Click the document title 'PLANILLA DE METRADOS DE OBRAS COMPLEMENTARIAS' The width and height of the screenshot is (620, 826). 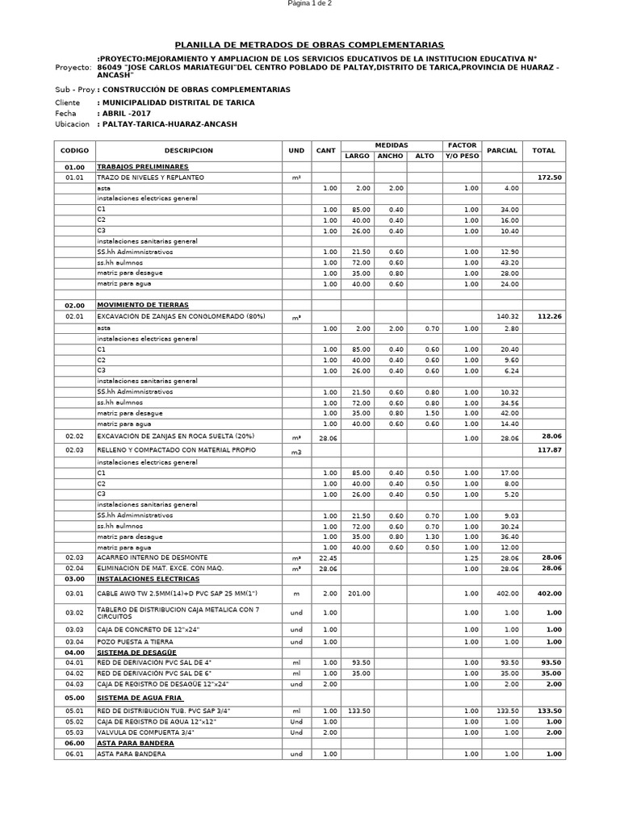[x=310, y=45]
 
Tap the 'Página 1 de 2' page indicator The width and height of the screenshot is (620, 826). [x=310, y=4]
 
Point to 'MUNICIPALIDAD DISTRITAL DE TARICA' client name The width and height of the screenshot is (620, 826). [x=177, y=103]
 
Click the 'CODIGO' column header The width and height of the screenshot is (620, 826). [x=75, y=151]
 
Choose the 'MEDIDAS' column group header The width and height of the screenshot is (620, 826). [x=391, y=145]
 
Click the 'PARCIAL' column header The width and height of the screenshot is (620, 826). [x=502, y=151]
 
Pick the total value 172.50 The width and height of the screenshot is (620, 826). [x=548, y=177]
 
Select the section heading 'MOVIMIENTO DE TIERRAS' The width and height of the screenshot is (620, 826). [x=143, y=306]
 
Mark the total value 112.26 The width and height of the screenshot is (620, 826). [x=548, y=317]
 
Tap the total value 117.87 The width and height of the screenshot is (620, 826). [x=548, y=450]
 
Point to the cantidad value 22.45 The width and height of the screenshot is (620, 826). [x=326, y=557]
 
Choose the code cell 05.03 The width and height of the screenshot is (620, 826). [x=75, y=732]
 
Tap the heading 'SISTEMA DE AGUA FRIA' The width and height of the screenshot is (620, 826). [x=140, y=698]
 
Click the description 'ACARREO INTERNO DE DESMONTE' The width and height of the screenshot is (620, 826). [x=152, y=557]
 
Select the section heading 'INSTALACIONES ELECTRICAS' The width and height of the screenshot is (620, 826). [x=148, y=578]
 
